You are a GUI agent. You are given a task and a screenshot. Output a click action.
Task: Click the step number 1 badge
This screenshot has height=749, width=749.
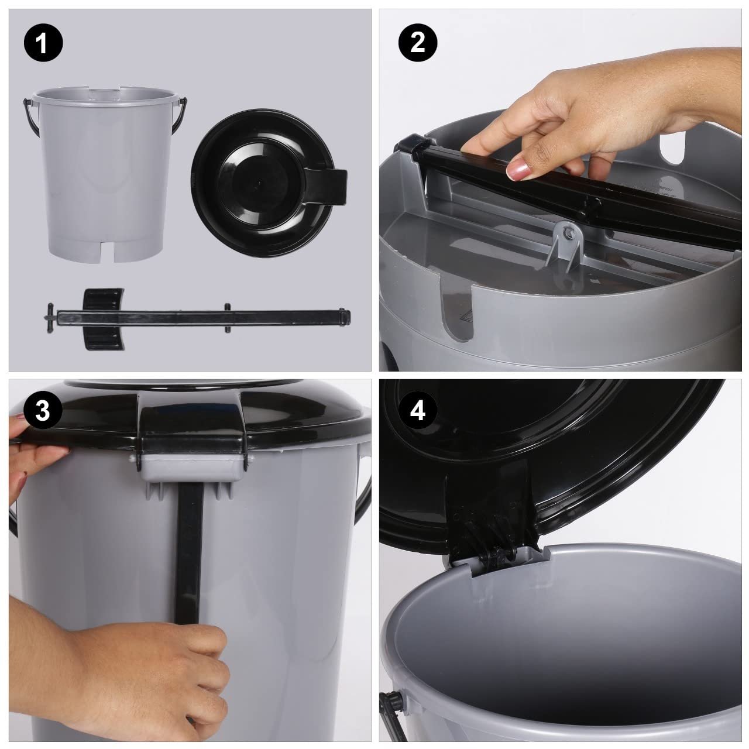(43, 43)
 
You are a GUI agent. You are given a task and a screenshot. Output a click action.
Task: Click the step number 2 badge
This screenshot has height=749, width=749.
(417, 43)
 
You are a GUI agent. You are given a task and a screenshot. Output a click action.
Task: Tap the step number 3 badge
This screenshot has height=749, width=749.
(43, 410)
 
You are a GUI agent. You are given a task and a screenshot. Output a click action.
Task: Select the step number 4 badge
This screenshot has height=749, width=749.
(417, 410)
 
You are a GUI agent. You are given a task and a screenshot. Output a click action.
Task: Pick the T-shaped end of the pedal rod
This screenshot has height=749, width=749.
(50, 318)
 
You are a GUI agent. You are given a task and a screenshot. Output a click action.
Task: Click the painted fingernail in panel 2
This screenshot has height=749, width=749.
(517, 170)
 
